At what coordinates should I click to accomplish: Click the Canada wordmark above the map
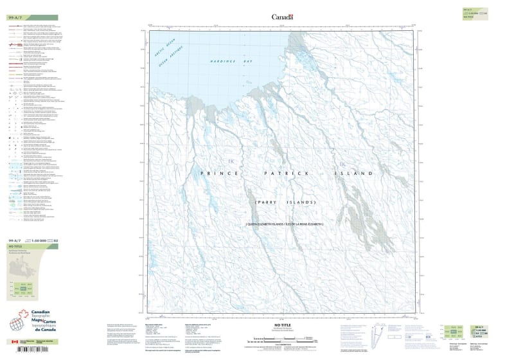[282, 17]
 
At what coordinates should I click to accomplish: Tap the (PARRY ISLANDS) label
[285, 203]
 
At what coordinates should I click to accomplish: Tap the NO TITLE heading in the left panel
[15, 246]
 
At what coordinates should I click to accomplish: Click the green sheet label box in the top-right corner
[472, 13]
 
